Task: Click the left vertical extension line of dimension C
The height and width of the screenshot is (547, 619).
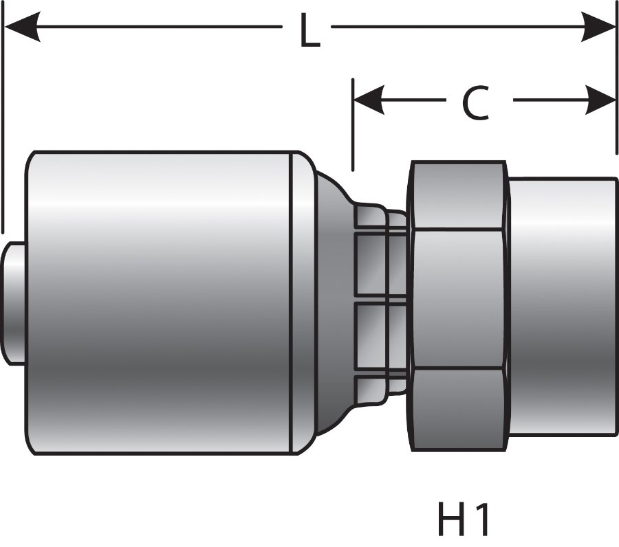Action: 353,124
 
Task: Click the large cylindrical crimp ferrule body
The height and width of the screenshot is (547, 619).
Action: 158,302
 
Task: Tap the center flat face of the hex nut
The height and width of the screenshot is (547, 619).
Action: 457,299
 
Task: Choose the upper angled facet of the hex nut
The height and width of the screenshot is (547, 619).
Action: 457,196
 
